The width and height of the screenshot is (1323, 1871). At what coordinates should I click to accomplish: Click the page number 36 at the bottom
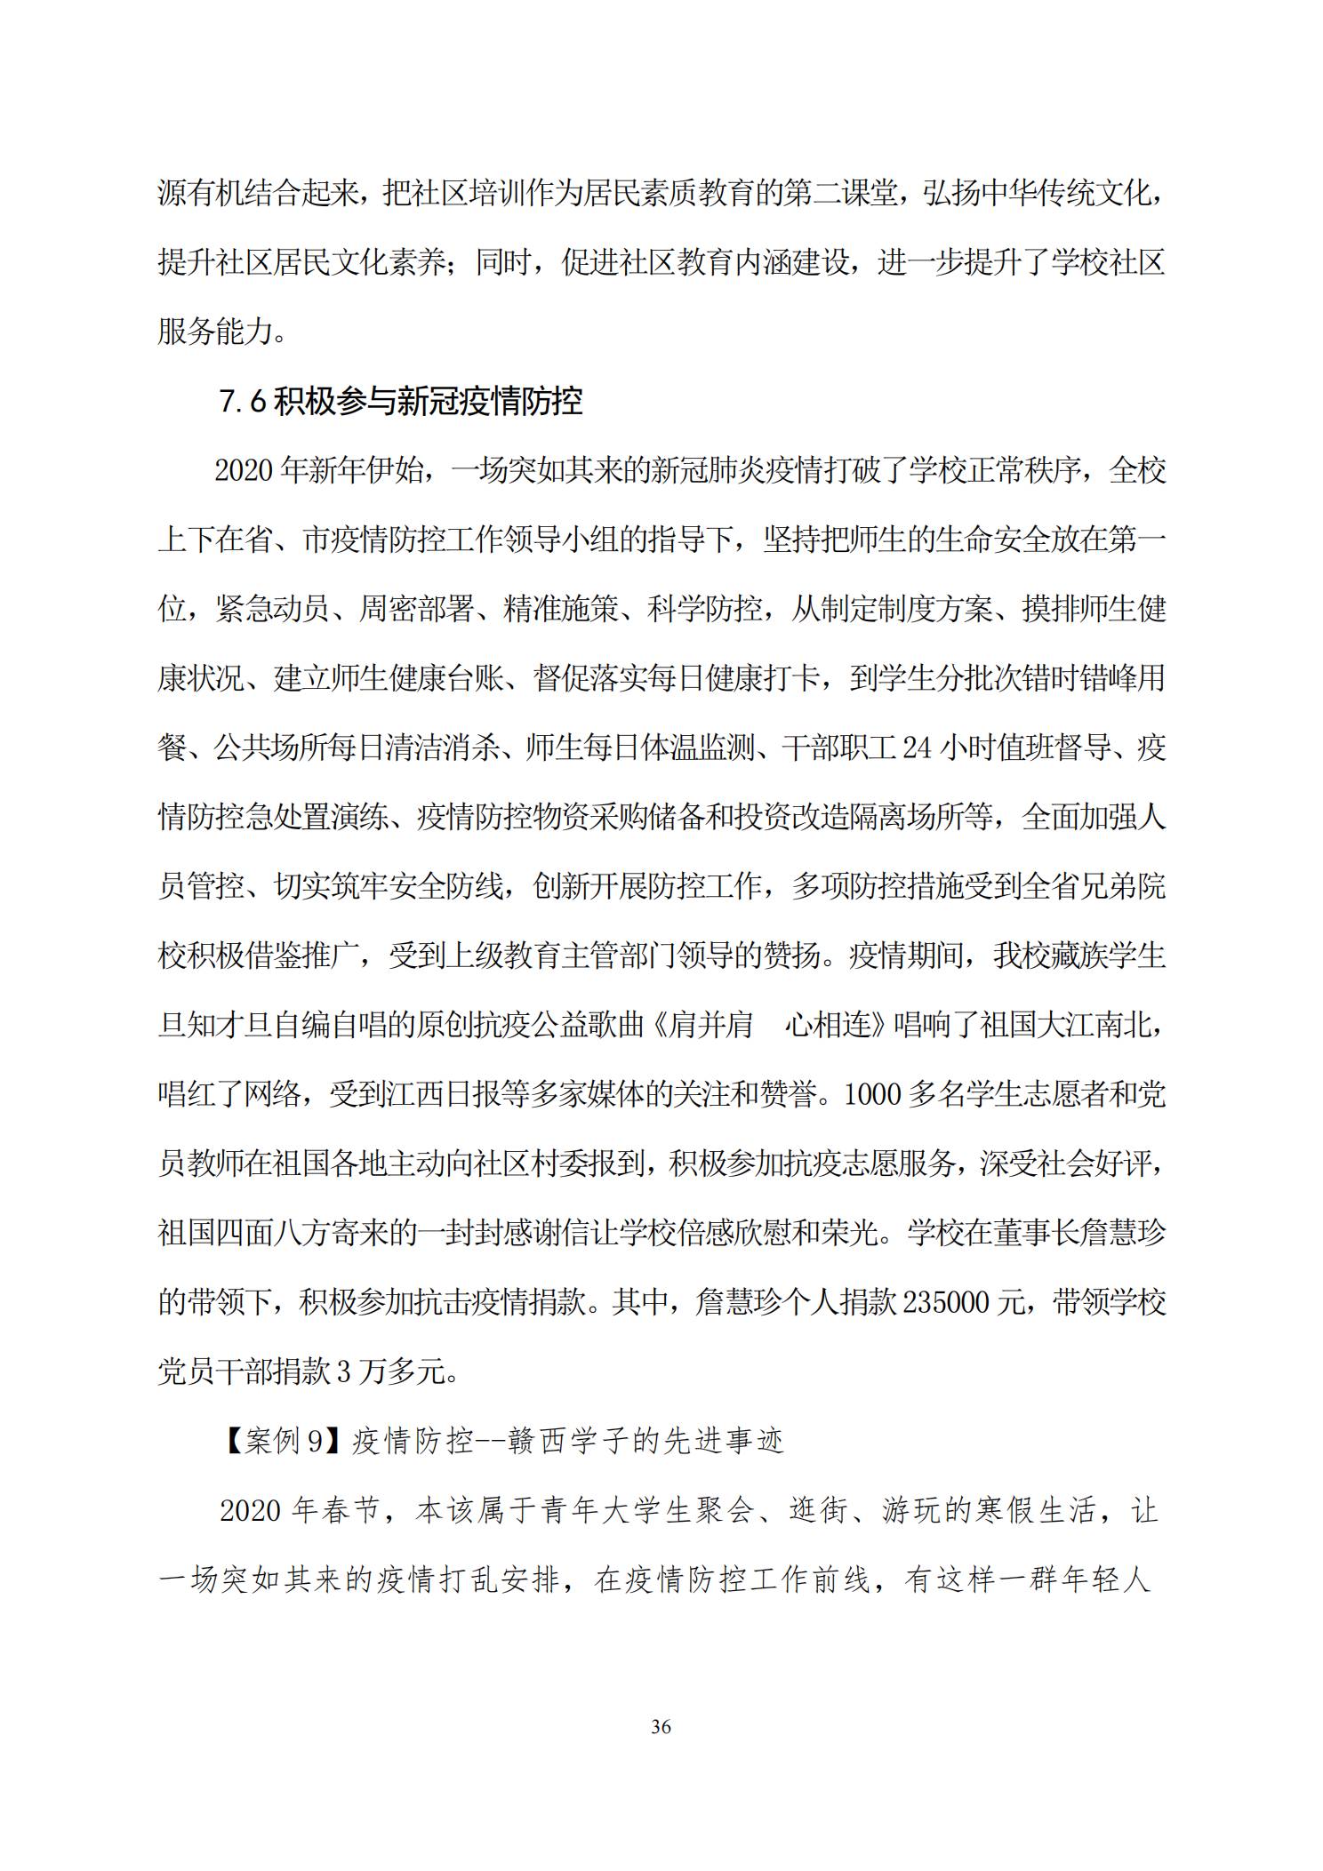pos(661,1726)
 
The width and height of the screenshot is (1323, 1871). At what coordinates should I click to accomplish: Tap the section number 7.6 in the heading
pos(243,402)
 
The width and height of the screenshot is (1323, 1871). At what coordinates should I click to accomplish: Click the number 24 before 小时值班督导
pos(917,748)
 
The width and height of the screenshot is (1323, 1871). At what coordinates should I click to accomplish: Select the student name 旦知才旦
pos(214,1026)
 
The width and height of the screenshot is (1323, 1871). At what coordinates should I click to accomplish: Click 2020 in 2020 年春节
pos(251,1511)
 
